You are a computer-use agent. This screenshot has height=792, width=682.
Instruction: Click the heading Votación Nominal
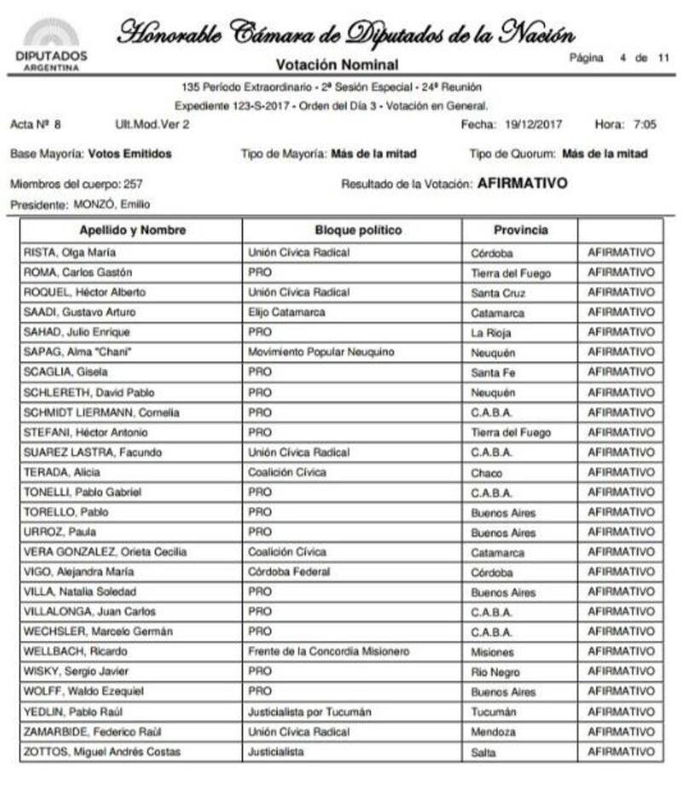337,65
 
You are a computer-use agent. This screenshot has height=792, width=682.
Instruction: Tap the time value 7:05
644,124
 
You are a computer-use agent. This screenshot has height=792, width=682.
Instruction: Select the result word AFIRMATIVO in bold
523,183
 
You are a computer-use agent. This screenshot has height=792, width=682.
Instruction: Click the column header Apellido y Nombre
132,230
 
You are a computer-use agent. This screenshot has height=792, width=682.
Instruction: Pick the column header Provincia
521,230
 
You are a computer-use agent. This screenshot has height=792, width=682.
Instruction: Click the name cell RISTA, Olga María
71,252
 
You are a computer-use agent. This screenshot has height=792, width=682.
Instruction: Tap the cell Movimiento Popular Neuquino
321,352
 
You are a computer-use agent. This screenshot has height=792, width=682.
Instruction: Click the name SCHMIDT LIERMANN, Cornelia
101,413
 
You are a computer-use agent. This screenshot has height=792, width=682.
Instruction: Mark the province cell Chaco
486,472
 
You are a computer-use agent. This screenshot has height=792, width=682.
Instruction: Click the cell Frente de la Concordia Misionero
328,651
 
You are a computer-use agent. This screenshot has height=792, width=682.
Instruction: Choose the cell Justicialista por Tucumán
309,712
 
